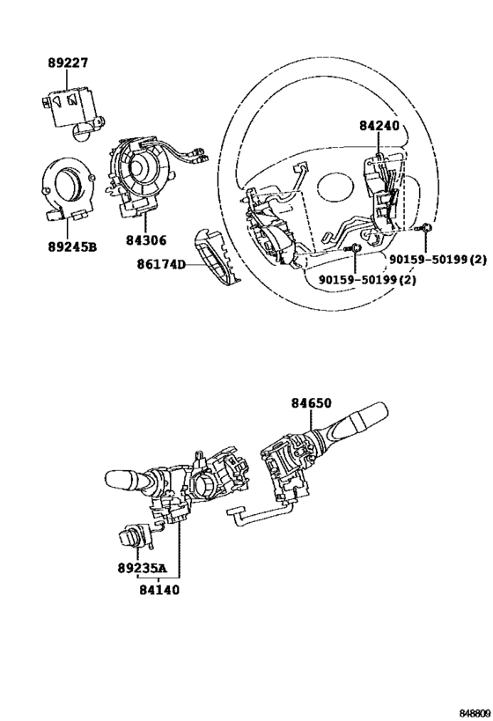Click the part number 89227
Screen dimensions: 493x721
pyautogui.click(x=68, y=63)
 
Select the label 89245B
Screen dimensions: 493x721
pyautogui.click(x=72, y=246)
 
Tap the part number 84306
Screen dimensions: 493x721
pyautogui.click(x=146, y=239)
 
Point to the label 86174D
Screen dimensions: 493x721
pyautogui.click(x=160, y=265)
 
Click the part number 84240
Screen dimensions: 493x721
pyautogui.click(x=379, y=126)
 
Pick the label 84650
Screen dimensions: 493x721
pyautogui.click(x=311, y=403)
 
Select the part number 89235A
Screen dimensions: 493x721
pyautogui.click(x=140, y=569)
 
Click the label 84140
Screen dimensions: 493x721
pyautogui.click(x=159, y=589)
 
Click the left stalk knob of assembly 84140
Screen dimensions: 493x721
pyautogui.click(x=121, y=479)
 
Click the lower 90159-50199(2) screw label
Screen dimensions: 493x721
pyautogui.click(x=367, y=280)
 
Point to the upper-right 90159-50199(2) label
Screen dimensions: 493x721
pyautogui.click(x=438, y=260)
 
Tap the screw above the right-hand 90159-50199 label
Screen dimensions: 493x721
pyautogui.click(x=424, y=228)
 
